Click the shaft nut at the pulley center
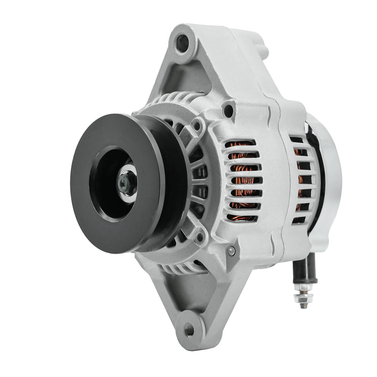pyautogui.click(x=126, y=182)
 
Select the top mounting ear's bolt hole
pyautogui.click(x=182, y=43)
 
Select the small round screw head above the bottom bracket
pyautogui.click(x=231, y=251)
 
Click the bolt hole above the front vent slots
pyautogui.click(x=229, y=111)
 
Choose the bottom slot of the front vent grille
pyautogui.click(x=242, y=218)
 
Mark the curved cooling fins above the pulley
pyautogui.click(x=165, y=101)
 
